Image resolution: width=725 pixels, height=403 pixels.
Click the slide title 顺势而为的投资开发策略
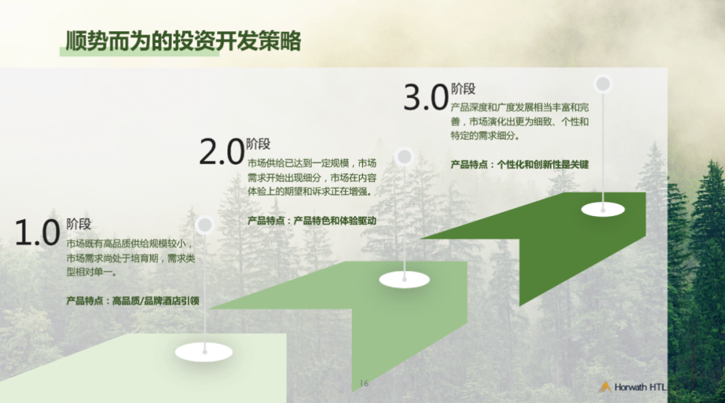[x=183, y=41]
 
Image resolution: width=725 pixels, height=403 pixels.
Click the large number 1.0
[x=37, y=232]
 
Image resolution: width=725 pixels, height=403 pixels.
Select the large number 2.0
[x=222, y=152]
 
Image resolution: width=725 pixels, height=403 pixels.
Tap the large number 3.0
[x=426, y=98]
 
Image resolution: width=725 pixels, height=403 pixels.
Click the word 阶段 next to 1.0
[x=78, y=224]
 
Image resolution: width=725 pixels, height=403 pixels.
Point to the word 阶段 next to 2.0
[x=258, y=144]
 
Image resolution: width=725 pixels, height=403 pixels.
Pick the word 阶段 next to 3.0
[x=463, y=89]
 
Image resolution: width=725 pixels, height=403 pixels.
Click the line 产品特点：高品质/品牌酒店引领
[x=133, y=301]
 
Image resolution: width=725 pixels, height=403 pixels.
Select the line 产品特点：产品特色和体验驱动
[x=312, y=221]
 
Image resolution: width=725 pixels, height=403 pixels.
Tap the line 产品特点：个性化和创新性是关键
[x=519, y=165]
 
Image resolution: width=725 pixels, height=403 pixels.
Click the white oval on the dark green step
[x=603, y=209]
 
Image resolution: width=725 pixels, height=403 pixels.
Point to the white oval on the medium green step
[x=404, y=279]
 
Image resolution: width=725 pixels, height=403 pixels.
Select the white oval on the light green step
[x=204, y=352]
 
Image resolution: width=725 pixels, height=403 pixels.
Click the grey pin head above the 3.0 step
[x=603, y=84]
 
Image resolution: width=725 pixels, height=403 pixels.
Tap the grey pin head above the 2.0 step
[x=404, y=156]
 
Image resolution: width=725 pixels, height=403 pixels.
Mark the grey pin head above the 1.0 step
[x=204, y=225]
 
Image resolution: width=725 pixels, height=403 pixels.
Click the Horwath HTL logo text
[x=640, y=387]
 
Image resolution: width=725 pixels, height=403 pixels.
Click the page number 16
[x=365, y=383]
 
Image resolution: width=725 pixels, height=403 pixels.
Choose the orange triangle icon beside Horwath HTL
[x=605, y=387]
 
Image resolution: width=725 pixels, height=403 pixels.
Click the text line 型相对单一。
[x=91, y=272]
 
